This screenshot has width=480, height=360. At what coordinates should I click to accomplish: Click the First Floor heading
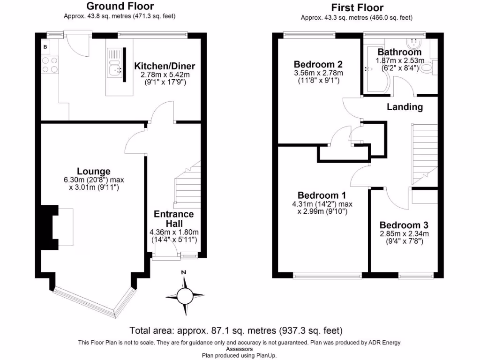pos(357,7)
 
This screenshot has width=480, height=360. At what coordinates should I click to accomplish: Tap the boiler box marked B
pos(45,46)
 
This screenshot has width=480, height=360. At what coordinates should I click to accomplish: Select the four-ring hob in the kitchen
pos(50,65)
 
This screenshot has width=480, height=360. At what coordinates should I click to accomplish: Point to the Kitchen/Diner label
pos(165,66)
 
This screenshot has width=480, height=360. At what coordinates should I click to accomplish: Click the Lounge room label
pos(94,172)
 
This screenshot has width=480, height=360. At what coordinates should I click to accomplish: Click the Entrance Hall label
pos(173,219)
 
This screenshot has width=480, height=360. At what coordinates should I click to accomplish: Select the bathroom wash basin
pos(414,44)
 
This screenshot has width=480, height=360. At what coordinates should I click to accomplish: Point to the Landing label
pos(405,107)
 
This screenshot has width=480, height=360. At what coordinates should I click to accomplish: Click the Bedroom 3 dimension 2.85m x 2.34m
pos(404,234)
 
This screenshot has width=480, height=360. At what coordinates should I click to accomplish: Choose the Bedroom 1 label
pos(322,195)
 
